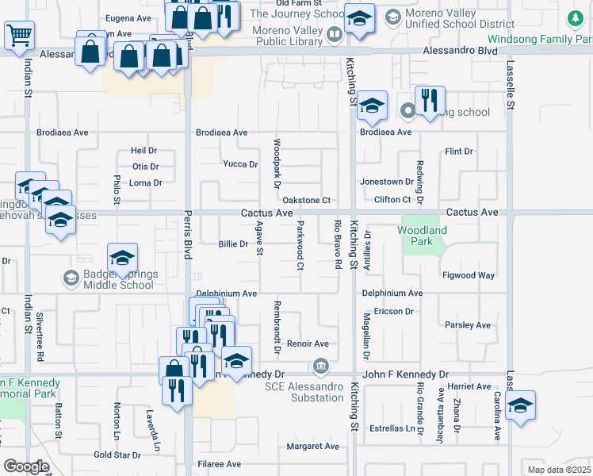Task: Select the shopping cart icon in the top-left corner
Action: (19, 34)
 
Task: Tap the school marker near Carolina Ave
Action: (519, 405)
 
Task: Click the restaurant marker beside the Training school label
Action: (430, 101)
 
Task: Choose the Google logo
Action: (25, 466)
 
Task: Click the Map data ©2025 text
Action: (559, 470)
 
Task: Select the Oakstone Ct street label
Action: (306, 201)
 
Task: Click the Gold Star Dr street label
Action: (117, 455)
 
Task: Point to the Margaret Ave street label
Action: (312, 447)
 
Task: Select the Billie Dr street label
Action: (233, 244)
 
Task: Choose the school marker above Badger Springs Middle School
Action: (123, 258)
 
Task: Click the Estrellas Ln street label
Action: (393, 428)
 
